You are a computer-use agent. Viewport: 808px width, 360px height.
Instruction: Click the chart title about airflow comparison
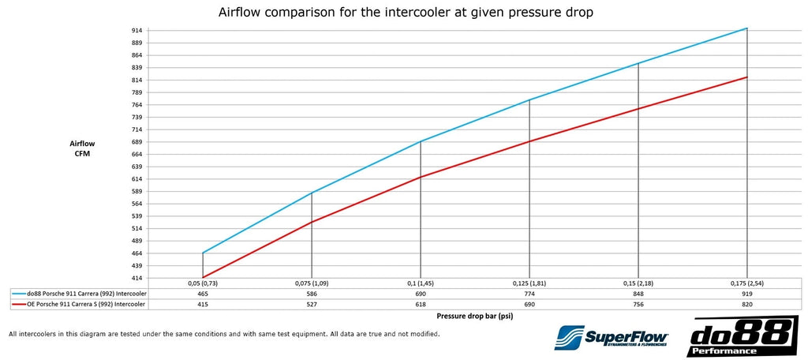point(403,13)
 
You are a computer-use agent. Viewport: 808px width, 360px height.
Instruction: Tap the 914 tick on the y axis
point(137,30)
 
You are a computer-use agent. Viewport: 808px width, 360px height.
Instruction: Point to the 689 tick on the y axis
point(137,142)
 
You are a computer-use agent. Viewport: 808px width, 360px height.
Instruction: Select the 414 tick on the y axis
point(137,278)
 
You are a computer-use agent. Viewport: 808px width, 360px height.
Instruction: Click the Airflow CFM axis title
point(82,148)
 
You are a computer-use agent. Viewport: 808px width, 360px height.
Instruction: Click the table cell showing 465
point(203,293)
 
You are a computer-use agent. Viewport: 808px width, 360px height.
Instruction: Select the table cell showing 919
point(746,293)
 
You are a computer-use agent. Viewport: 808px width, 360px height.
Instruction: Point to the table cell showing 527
point(312,303)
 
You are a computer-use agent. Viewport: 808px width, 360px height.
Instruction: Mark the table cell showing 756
point(638,303)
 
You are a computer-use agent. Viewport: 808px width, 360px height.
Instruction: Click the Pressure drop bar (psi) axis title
point(474,315)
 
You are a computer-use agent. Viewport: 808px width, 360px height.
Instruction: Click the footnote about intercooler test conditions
point(224,334)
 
